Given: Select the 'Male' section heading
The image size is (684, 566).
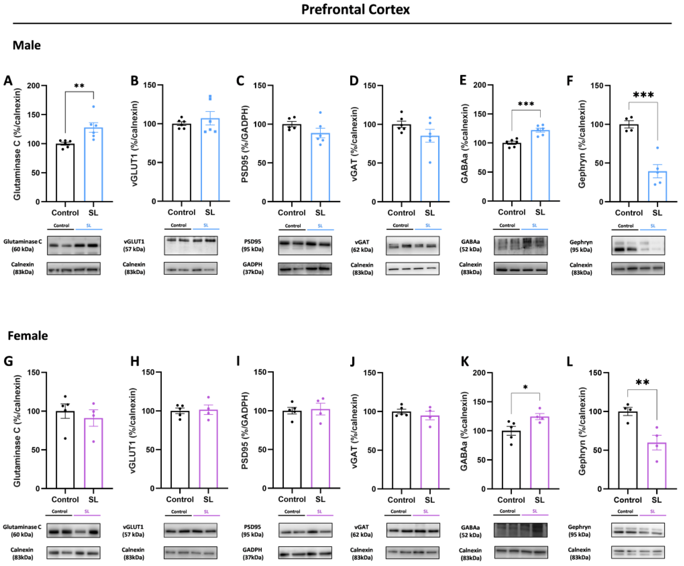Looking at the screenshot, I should [27, 45].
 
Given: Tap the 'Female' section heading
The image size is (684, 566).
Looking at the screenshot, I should [28, 335].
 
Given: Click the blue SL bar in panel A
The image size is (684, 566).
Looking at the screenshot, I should [93, 164].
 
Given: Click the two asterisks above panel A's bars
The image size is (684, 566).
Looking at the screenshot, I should [79, 86].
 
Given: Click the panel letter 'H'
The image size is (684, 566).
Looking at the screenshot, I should [135, 361].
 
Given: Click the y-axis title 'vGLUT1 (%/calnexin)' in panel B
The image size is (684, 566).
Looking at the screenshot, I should [134, 143].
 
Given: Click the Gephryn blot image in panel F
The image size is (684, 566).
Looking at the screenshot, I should [638, 245].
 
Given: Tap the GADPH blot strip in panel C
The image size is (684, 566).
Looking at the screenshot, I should [305, 269].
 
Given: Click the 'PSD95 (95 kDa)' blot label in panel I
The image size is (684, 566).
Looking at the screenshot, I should [253, 530].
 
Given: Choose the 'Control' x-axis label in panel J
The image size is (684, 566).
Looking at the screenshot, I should [401, 500].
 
